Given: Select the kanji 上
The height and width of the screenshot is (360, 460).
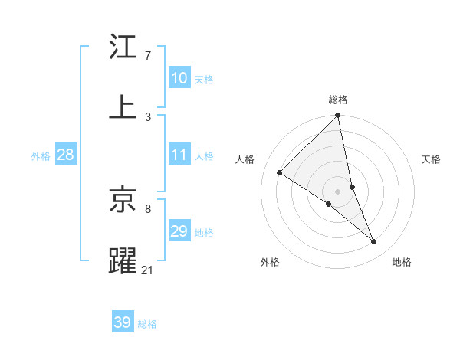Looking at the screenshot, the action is pyautogui.click(x=123, y=106).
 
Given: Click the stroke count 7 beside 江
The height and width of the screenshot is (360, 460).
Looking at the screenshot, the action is pyautogui.click(x=148, y=56).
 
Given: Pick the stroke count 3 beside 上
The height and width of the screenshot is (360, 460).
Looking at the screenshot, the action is pyautogui.click(x=148, y=116).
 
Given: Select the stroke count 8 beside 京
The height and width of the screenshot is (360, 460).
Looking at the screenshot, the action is pyautogui.click(x=148, y=208).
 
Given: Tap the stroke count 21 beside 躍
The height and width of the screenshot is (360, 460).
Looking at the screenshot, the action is pyautogui.click(x=148, y=269).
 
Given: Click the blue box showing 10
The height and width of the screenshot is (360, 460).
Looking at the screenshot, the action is pyautogui.click(x=179, y=78).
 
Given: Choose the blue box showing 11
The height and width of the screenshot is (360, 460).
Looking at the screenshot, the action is pyautogui.click(x=179, y=155).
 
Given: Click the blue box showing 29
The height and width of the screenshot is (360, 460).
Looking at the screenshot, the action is pyautogui.click(x=179, y=231).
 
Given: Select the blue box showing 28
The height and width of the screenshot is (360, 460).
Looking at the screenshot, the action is pyautogui.click(x=65, y=155).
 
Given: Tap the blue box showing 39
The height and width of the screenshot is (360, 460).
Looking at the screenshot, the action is pyautogui.click(x=123, y=322).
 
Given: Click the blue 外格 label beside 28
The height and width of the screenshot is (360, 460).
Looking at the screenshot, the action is pyautogui.click(x=41, y=156).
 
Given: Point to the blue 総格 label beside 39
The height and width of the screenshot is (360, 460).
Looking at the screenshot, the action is pyautogui.click(x=147, y=324).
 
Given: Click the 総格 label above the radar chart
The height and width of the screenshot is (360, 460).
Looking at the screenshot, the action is pyautogui.click(x=338, y=100).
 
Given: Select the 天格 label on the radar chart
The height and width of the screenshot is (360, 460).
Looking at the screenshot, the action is pyautogui.click(x=431, y=159).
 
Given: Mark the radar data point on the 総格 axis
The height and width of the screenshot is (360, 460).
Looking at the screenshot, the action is pyautogui.click(x=338, y=116).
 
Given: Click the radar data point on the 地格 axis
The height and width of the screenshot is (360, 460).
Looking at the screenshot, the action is pyautogui.click(x=374, y=241).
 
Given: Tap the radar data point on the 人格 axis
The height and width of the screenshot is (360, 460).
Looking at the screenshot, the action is pyautogui.click(x=280, y=173).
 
